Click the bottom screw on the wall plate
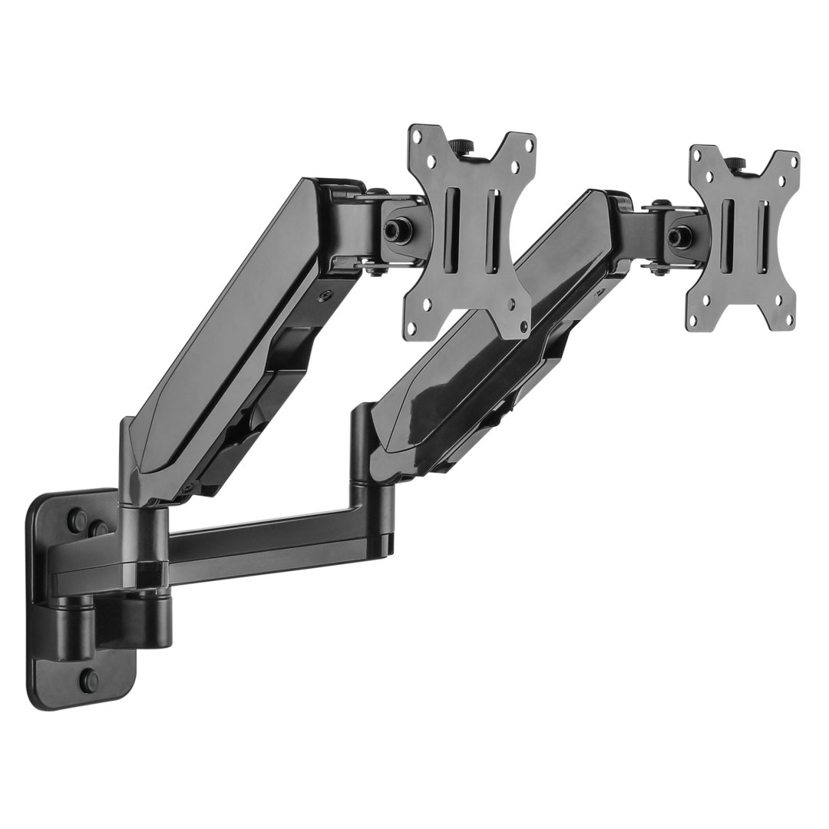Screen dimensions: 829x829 point(91,679)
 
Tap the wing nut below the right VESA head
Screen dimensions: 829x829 point(656,268)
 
